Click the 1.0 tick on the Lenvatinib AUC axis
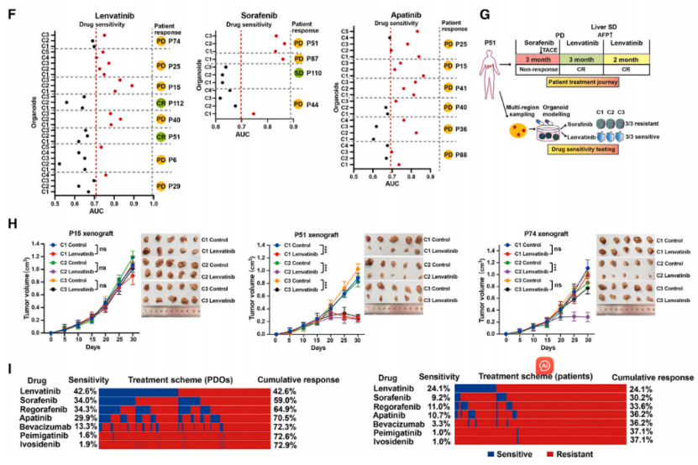153,204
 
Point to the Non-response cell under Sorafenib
536,71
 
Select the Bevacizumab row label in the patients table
396,424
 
